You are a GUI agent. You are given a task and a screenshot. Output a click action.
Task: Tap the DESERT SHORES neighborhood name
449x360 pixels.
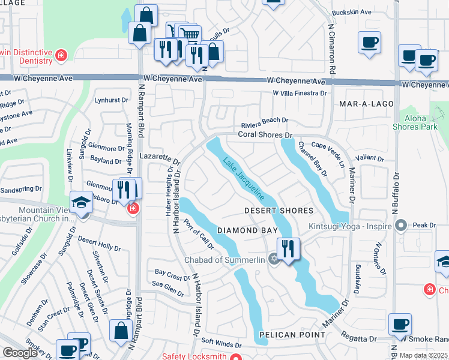point(279,211)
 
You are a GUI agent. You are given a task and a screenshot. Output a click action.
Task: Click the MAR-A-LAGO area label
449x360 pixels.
point(366,104)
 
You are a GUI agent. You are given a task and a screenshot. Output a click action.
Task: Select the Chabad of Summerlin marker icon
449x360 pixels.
point(274,259)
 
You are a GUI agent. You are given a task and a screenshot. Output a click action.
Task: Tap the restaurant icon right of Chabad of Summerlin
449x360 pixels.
point(289,248)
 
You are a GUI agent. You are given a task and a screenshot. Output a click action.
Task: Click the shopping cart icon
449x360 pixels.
point(190,34)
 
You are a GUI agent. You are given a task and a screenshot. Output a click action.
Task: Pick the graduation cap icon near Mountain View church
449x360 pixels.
point(80,202)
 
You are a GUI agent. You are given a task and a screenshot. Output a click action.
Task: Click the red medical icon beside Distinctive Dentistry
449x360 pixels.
point(61,56)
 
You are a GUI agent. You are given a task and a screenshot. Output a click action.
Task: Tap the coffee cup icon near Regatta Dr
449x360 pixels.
point(400,325)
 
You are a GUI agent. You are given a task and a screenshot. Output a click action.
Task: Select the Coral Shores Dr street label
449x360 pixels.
point(265,135)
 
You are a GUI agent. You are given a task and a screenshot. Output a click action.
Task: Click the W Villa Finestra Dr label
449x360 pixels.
point(300,94)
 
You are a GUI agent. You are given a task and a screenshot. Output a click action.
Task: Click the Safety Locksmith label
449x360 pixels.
point(194,356)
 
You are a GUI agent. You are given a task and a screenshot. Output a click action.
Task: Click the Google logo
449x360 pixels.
point(20,353)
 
